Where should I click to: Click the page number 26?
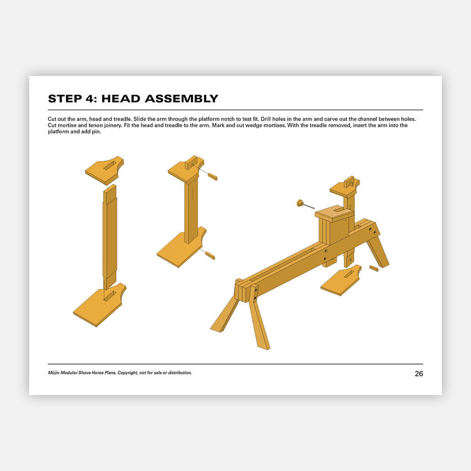(x=419, y=374)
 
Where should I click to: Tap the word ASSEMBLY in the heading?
(x=181, y=98)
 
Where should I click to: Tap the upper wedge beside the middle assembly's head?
(x=212, y=176)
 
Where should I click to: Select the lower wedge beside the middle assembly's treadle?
(x=210, y=255)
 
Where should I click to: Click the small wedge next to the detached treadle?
(x=374, y=268)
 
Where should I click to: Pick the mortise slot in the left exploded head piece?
(x=110, y=165)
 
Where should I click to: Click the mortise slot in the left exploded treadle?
(x=110, y=295)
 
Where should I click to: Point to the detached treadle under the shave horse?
(x=341, y=280)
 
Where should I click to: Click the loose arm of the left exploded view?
(x=110, y=237)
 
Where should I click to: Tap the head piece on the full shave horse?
(x=345, y=188)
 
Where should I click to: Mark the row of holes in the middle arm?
(x=193, y=194)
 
